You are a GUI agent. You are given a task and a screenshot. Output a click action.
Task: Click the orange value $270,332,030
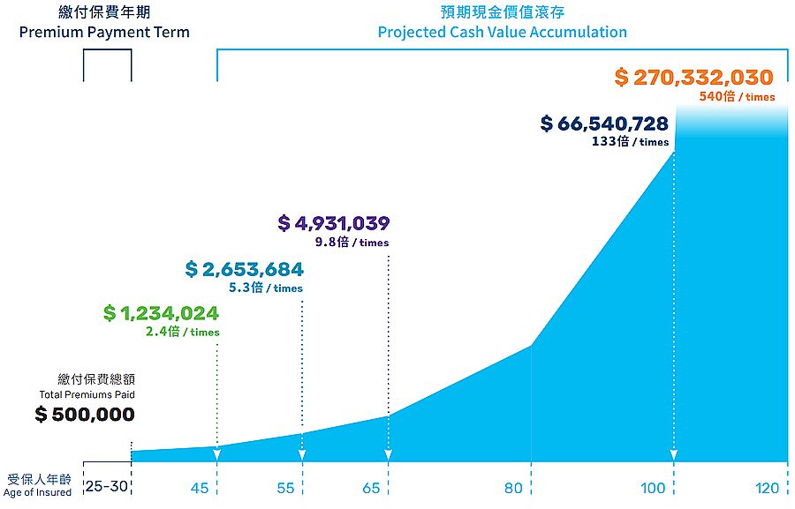point(693,78)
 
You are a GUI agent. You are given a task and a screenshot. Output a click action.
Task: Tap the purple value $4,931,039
point(333,223)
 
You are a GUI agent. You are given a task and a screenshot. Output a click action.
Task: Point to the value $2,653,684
point(244,269)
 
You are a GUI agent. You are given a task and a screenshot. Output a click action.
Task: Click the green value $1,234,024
point(161,313)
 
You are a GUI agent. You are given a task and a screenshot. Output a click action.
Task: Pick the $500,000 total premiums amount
point(85,414)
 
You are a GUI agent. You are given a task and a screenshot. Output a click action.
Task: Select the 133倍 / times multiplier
point(630,142)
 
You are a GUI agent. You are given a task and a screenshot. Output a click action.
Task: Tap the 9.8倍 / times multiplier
point(352,243)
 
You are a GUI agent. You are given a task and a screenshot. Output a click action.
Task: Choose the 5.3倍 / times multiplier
point(265,288)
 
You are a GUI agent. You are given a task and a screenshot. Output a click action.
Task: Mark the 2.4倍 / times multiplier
point(182,333)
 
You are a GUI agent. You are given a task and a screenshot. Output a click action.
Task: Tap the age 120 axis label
point(767,488)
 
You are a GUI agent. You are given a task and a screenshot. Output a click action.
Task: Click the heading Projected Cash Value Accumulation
point(502,32)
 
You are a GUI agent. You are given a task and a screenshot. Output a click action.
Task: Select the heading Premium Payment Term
point(104,32)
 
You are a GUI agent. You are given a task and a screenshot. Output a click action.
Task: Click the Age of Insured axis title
point(38,493)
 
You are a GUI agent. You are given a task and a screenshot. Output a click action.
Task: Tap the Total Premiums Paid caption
point(87,394)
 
